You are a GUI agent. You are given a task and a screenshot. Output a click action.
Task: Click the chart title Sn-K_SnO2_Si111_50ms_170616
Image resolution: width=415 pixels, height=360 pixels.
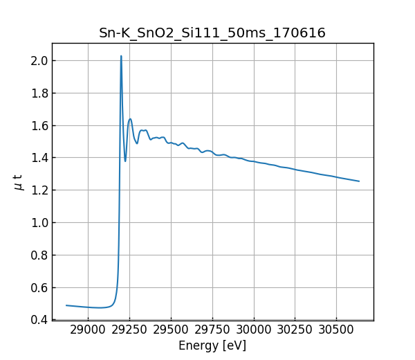212,33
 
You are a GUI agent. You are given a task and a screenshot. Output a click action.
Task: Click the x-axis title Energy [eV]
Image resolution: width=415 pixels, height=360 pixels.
212,345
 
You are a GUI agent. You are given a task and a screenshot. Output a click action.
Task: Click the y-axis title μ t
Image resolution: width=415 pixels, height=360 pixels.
19,181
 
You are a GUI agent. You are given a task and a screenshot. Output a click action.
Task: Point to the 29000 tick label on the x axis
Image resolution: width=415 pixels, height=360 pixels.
88,331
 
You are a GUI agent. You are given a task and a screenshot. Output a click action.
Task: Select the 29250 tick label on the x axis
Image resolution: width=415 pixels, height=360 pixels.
129,331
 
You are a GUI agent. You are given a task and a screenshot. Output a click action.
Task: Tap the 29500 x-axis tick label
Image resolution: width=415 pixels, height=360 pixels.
171,331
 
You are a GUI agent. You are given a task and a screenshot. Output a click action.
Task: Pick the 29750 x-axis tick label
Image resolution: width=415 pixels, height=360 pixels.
212,331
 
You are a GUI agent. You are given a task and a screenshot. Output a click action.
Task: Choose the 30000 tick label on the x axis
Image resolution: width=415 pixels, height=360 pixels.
254,331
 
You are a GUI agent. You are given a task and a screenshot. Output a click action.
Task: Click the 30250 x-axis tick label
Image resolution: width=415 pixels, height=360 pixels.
295,331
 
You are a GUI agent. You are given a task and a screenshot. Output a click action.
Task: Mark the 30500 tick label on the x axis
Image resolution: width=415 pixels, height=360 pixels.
337,331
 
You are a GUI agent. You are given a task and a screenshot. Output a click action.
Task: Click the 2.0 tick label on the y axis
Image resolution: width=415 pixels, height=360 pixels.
39,61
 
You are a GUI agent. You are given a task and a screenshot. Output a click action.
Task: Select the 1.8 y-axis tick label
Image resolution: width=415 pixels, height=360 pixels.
39,93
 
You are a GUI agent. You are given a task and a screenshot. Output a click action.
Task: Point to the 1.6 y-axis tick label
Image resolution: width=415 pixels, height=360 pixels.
39,125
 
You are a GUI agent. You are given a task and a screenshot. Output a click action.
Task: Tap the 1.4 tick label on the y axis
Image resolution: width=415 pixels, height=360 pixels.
39,158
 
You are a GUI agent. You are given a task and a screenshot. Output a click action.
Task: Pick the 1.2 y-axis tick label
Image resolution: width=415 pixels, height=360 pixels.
39,190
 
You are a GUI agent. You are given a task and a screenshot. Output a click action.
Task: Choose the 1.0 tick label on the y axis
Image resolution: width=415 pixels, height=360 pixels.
39,223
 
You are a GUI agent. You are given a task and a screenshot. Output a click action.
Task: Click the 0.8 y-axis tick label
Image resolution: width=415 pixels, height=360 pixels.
39,255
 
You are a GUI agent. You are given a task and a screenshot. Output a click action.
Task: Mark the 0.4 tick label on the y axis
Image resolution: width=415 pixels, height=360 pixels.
39,320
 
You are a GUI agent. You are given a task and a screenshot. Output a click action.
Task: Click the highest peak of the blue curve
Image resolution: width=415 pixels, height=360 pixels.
121,56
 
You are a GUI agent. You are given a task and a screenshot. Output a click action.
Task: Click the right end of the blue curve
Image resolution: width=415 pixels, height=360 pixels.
359,181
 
